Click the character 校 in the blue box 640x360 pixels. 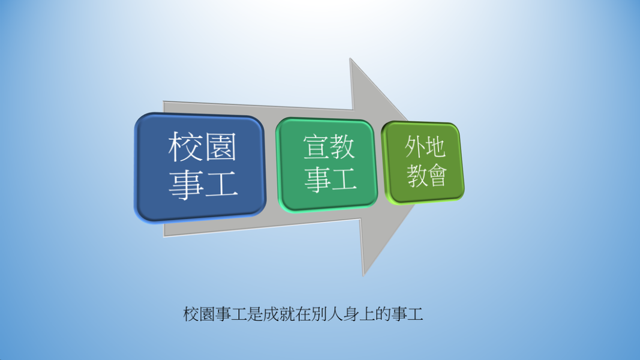(x=185, y=147)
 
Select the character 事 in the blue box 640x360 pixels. (x=186, y=184)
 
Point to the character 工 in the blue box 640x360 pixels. (x=221, y=184)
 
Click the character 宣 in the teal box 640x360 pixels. (x=316, y=147)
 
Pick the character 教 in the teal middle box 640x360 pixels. (x=342, y=147)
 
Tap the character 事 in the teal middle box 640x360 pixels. (x=317, y=179)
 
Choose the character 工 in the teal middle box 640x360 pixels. (x=344, y=179)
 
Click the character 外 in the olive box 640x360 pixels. (x=414, y=146)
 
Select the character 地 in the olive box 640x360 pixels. (x=434, y=146)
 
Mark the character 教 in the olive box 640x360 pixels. (x=416, y=176)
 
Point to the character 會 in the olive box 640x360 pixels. (x=436, y=176)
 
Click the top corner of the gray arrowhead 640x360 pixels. (x=350, y=58)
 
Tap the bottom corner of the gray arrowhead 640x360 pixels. (x=363, y=277)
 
